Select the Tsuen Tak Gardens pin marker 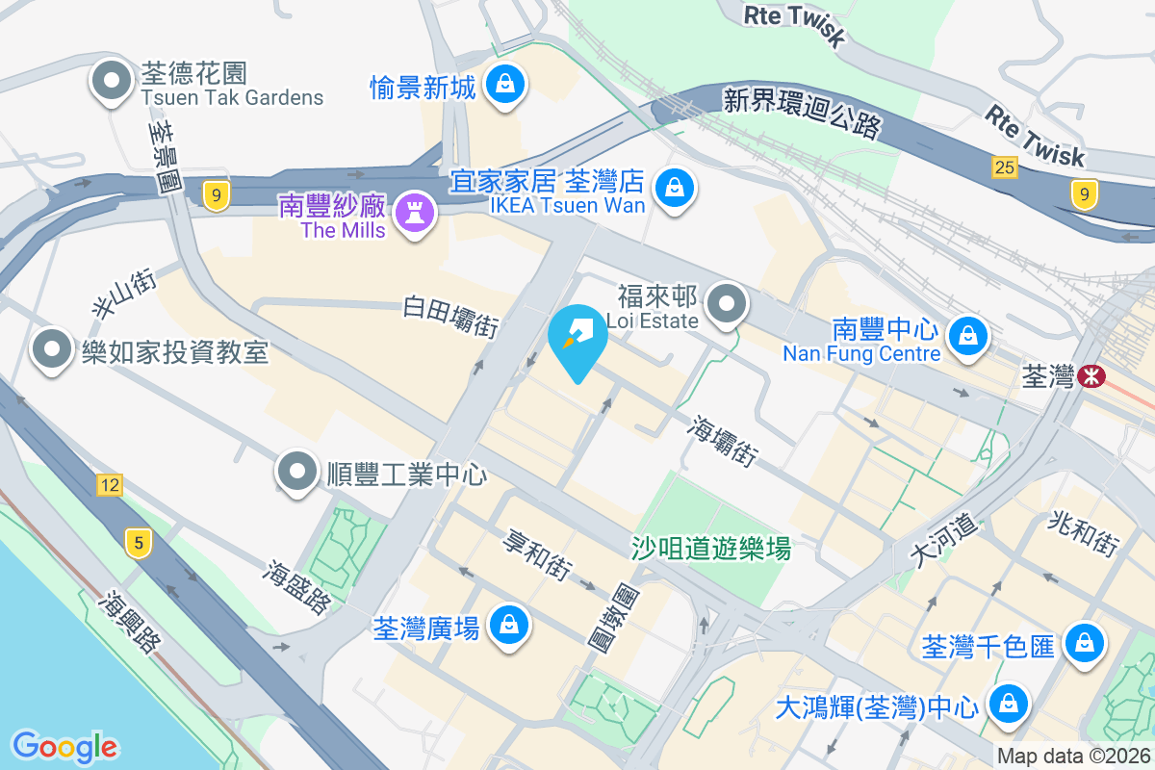tap(113, 81)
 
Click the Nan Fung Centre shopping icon tap(963, 336)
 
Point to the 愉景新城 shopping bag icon tap(503, 84)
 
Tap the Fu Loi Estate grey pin tap(728, 305)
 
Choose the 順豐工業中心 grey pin tap(297, 472)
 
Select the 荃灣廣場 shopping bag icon tap(506, 627)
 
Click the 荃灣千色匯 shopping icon tap(1085, 643)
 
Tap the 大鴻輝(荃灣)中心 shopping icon tap(1007, 704)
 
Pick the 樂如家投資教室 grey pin tap(52, 348)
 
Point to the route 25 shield tap(1005, 167)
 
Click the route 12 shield tap(109, 484)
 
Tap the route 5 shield tap(139, 544)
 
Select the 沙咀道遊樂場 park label tap(711, 549)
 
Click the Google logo tap(64, 746)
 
